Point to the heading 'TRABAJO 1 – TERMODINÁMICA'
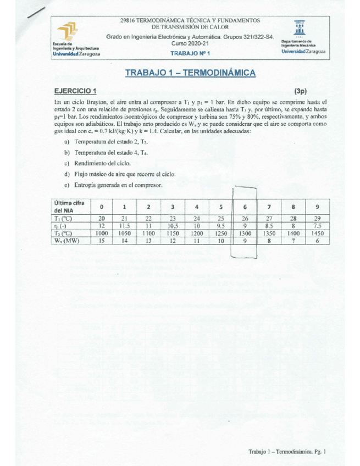(x=190, y=73)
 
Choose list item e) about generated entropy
(x=113, y=185)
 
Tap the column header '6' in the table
(x=245, y=207)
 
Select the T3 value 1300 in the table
(x=244, y=233)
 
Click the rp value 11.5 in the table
(x=125, y=225)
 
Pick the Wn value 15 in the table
(x=101, y=241)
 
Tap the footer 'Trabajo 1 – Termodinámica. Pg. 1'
(x=287, y=452)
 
